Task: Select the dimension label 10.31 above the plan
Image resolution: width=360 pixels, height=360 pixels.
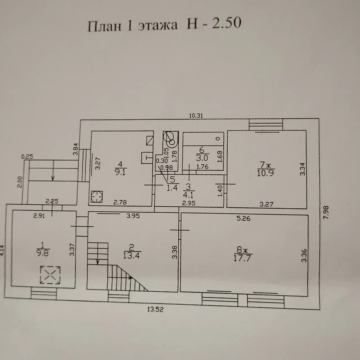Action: (196, 116)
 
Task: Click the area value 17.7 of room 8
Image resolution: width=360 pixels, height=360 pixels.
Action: (242, 258)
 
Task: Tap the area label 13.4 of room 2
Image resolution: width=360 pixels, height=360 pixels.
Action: (131, 255)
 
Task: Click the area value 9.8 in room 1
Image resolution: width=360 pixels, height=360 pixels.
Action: (43, 253)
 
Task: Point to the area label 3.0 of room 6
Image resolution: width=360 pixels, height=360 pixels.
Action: (202, 158)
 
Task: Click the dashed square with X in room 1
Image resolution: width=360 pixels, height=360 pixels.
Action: (50, 275)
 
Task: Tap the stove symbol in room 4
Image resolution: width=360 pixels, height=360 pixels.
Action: (97, 197)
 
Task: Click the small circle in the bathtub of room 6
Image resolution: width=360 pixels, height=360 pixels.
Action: (218, 139)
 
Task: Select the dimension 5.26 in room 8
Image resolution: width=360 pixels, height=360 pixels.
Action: (243, 218)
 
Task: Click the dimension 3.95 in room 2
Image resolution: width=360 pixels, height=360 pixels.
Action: (133, 216)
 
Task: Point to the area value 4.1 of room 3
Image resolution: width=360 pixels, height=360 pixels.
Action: (188, 195)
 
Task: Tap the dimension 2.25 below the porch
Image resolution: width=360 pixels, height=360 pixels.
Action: (52, 201)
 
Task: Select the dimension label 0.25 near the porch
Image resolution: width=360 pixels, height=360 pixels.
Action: (27, 157)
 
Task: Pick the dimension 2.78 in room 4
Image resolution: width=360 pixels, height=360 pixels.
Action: (120, 202)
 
